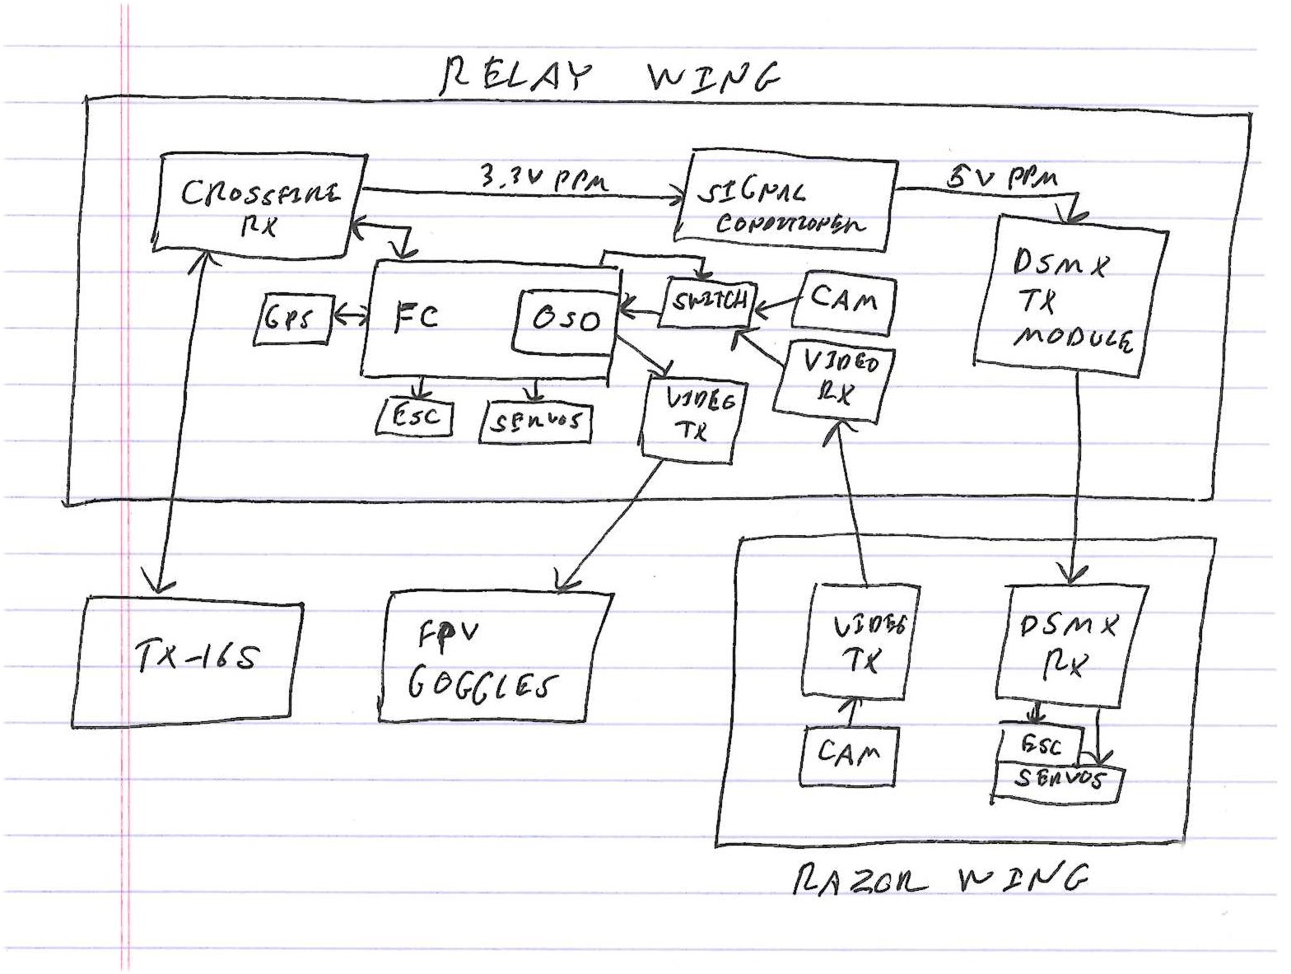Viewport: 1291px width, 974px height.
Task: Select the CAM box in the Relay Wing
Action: (x=843, y=301)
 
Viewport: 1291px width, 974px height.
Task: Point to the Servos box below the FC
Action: (x=536, y=422)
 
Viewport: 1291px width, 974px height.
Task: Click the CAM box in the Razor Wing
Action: (x=848, y=754)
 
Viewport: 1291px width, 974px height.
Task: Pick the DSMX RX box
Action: (x=1070, y=645)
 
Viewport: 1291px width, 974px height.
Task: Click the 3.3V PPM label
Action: (x=543, y=178)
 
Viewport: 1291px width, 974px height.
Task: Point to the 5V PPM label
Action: (x=1001, y=176)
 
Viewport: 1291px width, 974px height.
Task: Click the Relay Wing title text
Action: (x=609, y=77)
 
